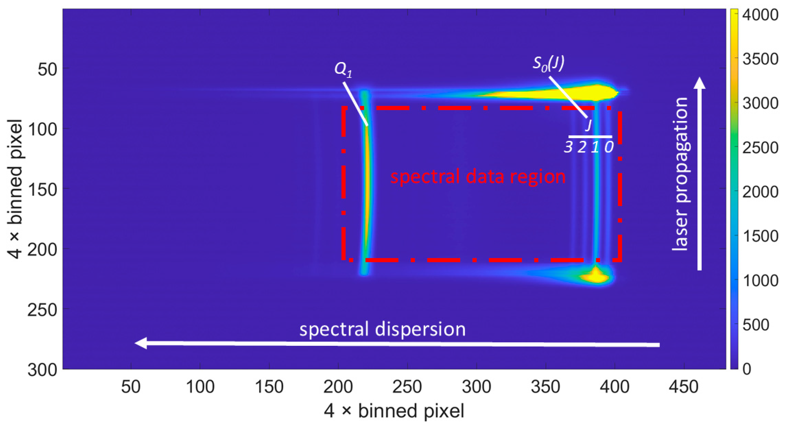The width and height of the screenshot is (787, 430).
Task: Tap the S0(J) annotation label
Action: pos(549,64)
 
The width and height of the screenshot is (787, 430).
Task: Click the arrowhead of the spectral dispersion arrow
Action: pos(141,343)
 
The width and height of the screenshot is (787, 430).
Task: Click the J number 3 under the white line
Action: pos(568,147)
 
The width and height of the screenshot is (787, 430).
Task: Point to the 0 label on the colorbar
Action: pos(747,369)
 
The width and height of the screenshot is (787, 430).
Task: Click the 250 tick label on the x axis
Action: pos(407,387)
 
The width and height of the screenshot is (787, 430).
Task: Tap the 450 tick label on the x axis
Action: pos(684,387)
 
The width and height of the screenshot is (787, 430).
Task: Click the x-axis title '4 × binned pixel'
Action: pos(394,411)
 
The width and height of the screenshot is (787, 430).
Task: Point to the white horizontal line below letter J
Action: pos(590,137)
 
